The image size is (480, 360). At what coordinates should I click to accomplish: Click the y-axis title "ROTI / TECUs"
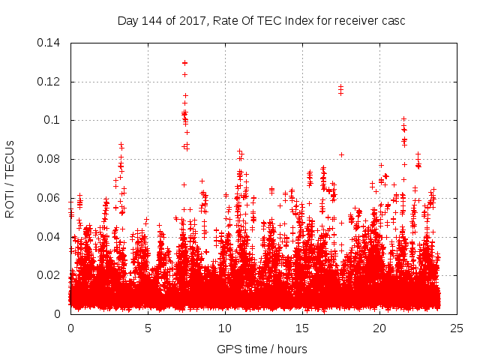tap(10, 178)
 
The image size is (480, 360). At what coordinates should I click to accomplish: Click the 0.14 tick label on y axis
tap(49, 43)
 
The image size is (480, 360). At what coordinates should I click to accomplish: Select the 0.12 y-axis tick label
tap(49, 81)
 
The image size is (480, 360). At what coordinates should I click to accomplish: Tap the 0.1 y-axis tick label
tap(54, 120)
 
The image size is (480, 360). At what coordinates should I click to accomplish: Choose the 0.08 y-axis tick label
tap(49, 159)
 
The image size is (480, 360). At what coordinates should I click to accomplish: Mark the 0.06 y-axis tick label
tap(49, 198)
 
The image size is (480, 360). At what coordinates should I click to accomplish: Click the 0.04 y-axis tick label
tap(49, 237)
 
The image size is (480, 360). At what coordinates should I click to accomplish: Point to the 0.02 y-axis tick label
tap(49, 275)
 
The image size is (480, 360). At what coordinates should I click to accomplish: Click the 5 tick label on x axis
tap(148, 328)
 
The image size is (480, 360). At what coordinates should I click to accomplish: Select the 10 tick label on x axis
tap(225, 328)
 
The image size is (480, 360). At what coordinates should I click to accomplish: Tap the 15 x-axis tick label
tap(302, 328)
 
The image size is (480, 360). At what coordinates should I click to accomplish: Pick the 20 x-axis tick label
tap(379, 328)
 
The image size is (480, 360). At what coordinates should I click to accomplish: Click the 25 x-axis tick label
tap(457, 328)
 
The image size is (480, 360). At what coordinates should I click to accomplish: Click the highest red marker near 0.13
tap(184, 63)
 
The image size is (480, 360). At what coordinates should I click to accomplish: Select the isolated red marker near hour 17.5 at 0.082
tap(341, 154)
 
